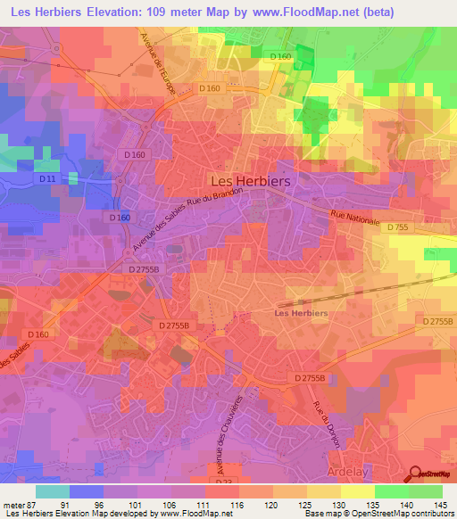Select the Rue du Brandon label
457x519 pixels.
(x=215, y=199)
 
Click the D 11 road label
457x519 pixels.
(x=47, y=180)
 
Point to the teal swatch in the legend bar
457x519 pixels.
(x=53, y=490)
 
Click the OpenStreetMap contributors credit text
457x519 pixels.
(x=403, y=513)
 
